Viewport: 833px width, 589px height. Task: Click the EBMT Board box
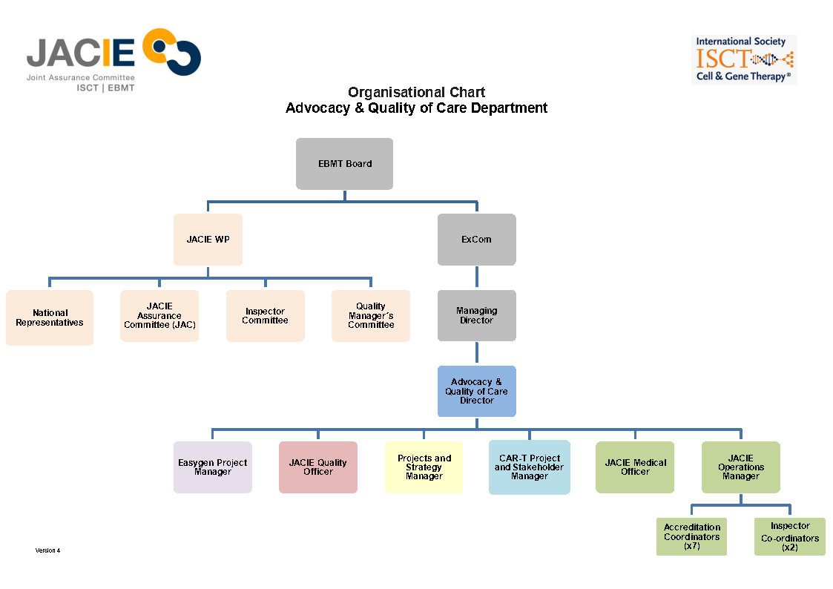point(344,164)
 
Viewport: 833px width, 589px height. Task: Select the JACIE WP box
point(208,240)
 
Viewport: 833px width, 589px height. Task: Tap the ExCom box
point(476,240)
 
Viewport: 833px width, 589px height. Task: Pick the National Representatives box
point(50,317)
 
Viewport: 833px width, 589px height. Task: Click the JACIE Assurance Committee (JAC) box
point(159,316)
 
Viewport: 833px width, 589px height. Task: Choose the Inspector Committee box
point(265,316)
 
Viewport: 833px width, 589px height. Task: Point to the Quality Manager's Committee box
point(371,316)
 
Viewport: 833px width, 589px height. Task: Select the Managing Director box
point(476,316)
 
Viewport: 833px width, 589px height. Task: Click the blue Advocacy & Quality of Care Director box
point(476,391)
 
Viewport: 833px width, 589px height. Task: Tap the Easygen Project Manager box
point(213,467)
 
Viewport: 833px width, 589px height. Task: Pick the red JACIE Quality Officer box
point(318,467)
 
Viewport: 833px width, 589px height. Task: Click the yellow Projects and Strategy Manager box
point(424,467)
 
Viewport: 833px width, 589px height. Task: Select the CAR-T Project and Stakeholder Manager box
point(530,467)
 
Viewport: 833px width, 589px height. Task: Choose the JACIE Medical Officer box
point(635,467)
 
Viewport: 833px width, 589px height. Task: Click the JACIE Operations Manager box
point(740,467)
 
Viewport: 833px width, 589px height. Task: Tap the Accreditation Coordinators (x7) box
point(691,536)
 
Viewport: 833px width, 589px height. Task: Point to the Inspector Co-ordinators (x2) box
point(789,536)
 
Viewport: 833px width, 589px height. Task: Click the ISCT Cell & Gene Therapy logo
point(744,59)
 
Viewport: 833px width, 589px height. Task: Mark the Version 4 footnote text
point(47,550)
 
